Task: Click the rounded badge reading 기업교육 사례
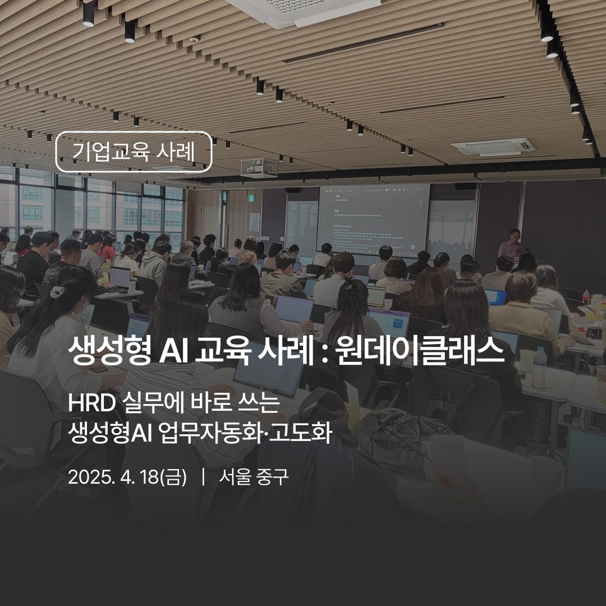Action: (134, 151)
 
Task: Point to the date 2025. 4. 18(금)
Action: (127, 477)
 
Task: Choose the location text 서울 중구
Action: (254, 477)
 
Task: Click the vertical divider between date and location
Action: (203, 477)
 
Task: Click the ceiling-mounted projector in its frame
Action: (259, 167)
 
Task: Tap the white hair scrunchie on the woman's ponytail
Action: (58, 291)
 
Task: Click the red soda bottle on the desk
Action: (586, 297)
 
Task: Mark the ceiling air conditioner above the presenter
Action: (493, 147)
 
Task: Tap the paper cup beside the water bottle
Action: (526, 362)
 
